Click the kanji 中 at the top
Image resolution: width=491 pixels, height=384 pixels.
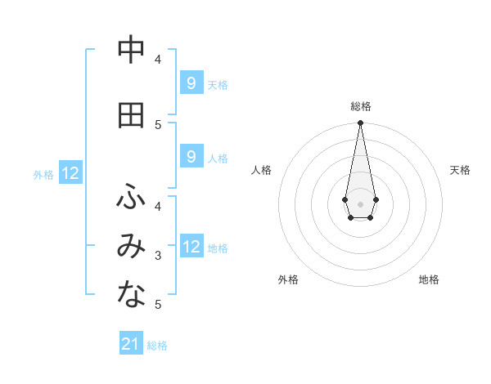tap(131, 51)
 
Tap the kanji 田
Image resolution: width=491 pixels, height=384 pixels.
tap(131, 115)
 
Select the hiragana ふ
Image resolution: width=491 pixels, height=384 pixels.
tap(131, 196)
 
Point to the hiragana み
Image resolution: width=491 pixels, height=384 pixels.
tap(131, 246)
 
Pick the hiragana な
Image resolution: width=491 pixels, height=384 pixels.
tap(131, 295)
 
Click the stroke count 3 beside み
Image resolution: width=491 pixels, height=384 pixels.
tap(159, 256)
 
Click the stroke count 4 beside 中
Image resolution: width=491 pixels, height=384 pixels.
tap(159, 59)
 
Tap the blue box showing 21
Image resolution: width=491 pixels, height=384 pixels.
tap(131, 344)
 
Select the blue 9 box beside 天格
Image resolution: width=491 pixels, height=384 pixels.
tap(191, 83)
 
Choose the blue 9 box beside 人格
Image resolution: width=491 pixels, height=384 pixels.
tap(191, 157)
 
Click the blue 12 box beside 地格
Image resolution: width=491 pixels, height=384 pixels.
tap(191, 247)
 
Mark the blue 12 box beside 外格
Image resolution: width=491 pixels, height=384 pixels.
tap(70, 173)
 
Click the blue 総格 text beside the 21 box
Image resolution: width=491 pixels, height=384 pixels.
tap(157, 346)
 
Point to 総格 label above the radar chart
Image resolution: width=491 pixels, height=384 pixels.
tap(361, 106)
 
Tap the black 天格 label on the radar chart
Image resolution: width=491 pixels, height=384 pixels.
tap(461, 170)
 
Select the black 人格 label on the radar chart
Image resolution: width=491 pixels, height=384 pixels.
tap(261, 170)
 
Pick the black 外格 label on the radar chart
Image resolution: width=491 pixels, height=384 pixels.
tap(288, 279)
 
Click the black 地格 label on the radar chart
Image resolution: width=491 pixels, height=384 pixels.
tap(429, 279)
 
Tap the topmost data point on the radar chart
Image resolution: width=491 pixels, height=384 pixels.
tap(360, 123)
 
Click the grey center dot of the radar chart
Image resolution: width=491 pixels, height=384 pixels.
tap(360, 203)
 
